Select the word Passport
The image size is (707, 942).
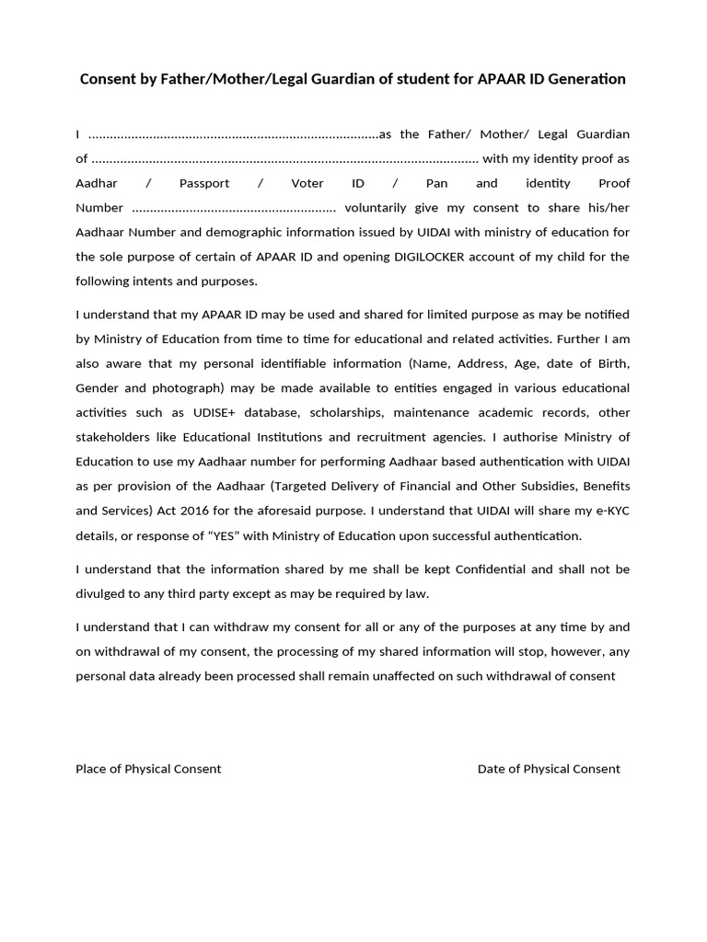tap(205, 183)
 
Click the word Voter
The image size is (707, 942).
tap(307, 183)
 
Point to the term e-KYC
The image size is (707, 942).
tap(609, 511)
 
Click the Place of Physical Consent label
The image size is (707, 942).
tap(148, 769)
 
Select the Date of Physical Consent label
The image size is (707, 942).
tap(549, 769)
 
